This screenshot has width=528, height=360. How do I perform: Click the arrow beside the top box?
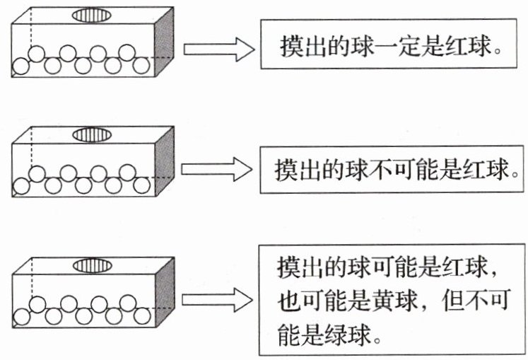218,49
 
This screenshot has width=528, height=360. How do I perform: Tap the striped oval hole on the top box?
92,14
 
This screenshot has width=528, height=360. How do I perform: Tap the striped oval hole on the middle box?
92,134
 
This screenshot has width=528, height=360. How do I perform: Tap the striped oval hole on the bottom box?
92,266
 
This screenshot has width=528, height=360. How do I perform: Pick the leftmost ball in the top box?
22,66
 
